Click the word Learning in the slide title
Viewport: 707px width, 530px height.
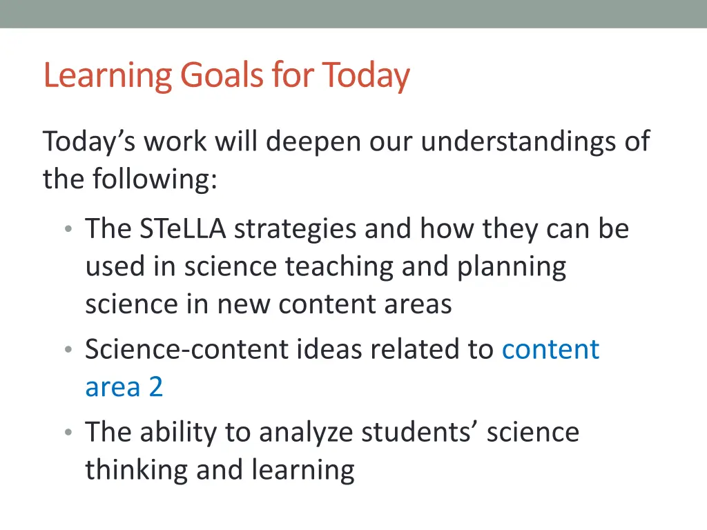click(x=108, y=75)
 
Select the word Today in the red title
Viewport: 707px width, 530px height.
click(x=366, y=75)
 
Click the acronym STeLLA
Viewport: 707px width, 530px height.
click(x=182, y=229)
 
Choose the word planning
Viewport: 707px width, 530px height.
click(x=512, y=267)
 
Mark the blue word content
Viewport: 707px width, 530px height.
click(x=550, y=349)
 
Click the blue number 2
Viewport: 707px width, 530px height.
click(x=155, y=387)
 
